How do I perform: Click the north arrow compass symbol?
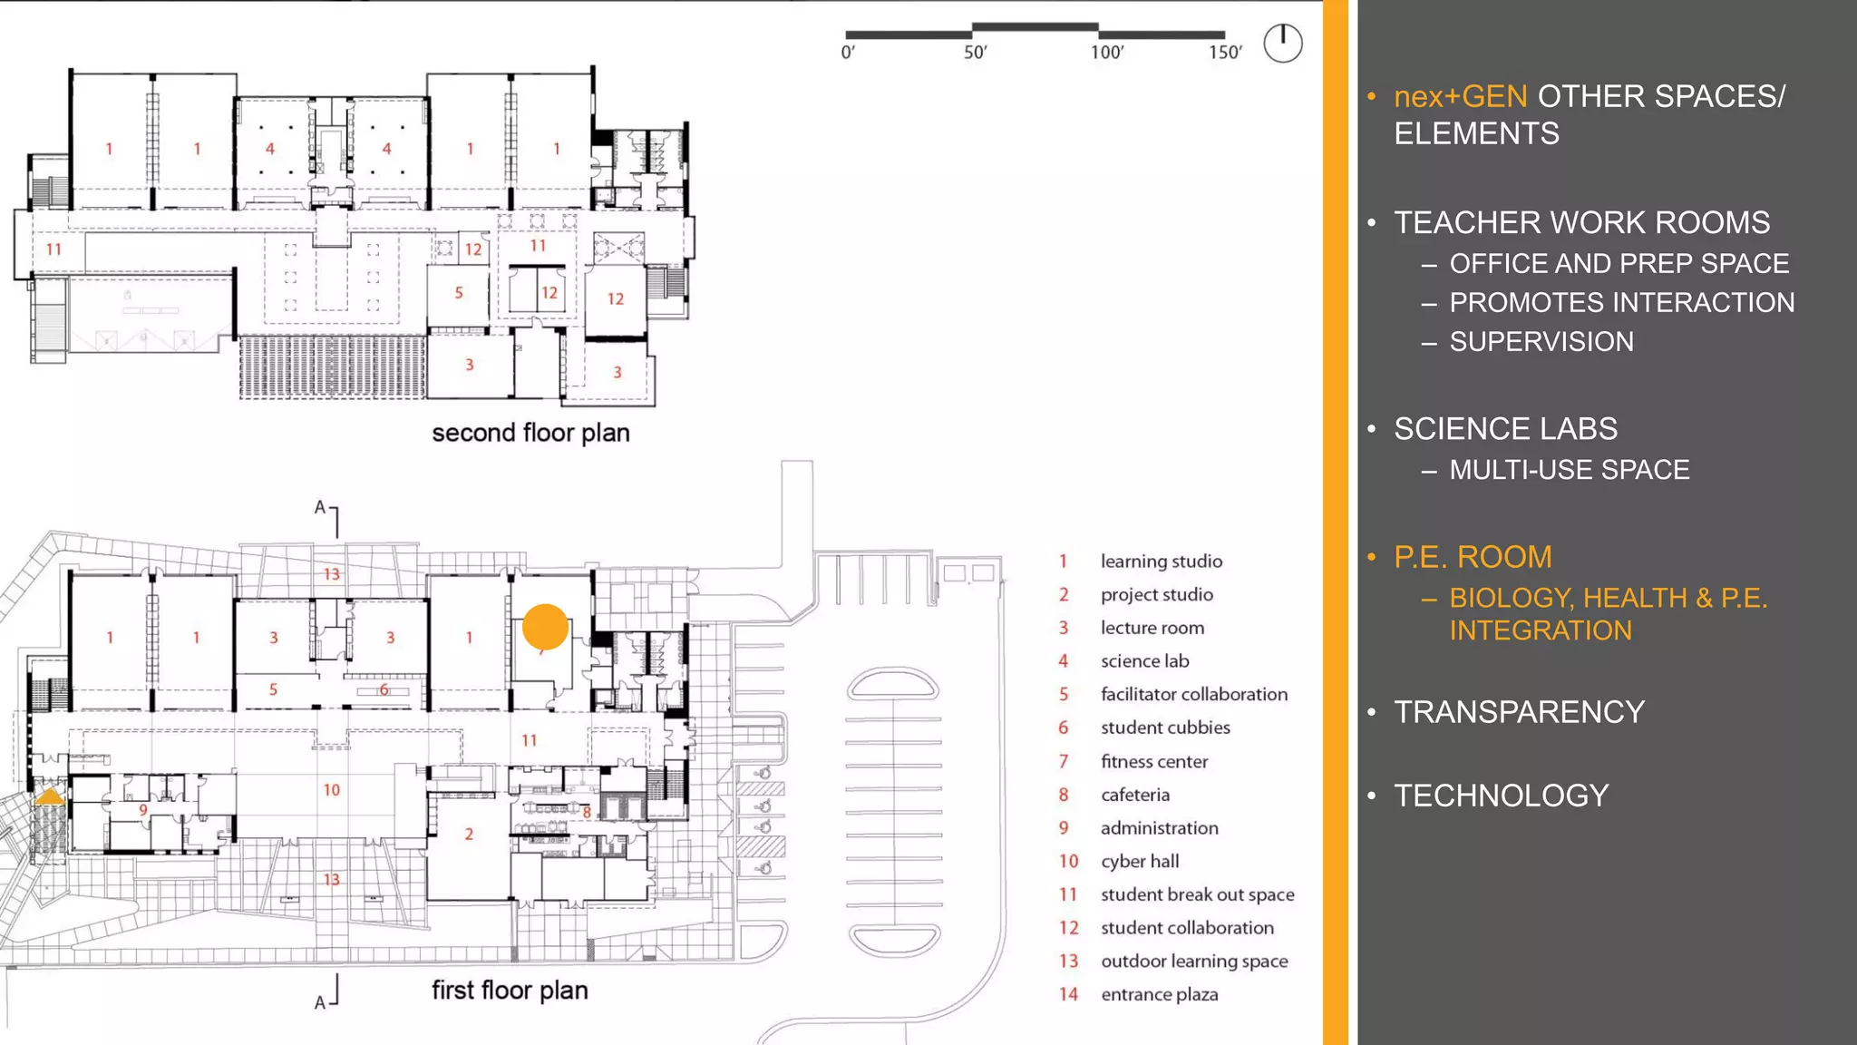coord(1282,43)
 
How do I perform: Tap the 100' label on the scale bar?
coord(1106,53)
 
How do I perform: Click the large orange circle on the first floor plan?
coord(545,627)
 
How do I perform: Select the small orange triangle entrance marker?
coord(49,796)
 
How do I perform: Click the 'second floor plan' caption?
coord(530,433)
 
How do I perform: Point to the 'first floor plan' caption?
coord(509,990)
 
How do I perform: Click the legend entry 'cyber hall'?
coord(1139,861)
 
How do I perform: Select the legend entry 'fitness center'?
coord(1153,761)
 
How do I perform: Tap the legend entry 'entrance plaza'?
coord(1159,994)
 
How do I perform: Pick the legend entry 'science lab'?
coord(1144,661)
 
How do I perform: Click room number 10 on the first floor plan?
coord(332,790)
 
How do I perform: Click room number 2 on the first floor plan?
coord(469,834)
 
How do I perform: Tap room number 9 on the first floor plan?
coord(143,809)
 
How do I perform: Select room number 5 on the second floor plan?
coord(459,293)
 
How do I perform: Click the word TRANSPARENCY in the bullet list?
coord(1519,712)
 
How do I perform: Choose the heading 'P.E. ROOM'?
coord(1473,557)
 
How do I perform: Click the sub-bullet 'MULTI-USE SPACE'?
coord(1569,470)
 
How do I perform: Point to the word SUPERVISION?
coord(1541,342)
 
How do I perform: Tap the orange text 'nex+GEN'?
coord(1460,96)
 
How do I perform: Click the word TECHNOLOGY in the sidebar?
coord(1501,796)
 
